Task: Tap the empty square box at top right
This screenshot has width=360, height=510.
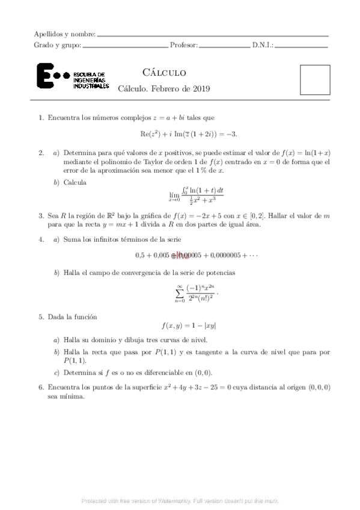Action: pyautogui.click(x=315, y=79)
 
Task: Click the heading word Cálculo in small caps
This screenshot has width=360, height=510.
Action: pyautogui.click(x=159, y=73)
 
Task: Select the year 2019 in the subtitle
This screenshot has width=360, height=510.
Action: pyautogui.click(x=198, y=89)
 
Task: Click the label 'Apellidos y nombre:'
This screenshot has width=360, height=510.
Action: pyautogui.click(x=65, y=34)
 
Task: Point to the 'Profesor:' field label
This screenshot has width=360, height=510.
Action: pyautogui.click(x=184, y=45)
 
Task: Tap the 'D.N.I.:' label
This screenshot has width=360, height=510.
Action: pyautogui.click(x=263, y=45)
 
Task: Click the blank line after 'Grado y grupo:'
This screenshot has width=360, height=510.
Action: pyautogui.click(x=124, y=46)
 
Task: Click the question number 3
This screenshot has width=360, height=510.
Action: pyautogui.click(x=40, y=215)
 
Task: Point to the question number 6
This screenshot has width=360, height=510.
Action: pyautogui.click(x=40, y=387)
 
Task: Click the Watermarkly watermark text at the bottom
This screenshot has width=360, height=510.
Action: pyautogui.click(x=180, y=500)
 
